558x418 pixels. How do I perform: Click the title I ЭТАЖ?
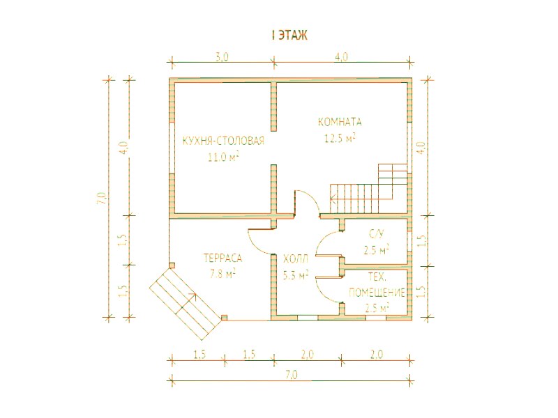tap(289, 36)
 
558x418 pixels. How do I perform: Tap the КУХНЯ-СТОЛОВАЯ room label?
tap(223, 141)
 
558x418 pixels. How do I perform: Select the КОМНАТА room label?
tap(340, 123)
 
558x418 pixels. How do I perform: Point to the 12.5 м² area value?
tap(340, 138)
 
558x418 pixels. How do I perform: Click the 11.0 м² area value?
tap(223, 157)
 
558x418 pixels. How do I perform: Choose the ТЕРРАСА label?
tap(223, 258)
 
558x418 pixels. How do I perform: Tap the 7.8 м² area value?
tap(223, 274)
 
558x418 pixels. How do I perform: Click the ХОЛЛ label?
tap(295, 259)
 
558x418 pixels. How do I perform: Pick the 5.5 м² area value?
tap(295, 274)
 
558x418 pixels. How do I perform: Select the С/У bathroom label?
tap(377, 234)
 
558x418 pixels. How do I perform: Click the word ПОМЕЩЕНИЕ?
tap(377, 293)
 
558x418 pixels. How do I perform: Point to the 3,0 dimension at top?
tap(222, 57)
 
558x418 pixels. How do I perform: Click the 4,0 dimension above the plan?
tap(341, 57)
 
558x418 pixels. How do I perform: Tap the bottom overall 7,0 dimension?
tap(291, 375)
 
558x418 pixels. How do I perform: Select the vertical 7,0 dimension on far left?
tap(101, 198)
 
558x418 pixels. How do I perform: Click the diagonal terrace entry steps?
tap(184, 303)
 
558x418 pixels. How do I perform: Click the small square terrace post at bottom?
tap(224, 318)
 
